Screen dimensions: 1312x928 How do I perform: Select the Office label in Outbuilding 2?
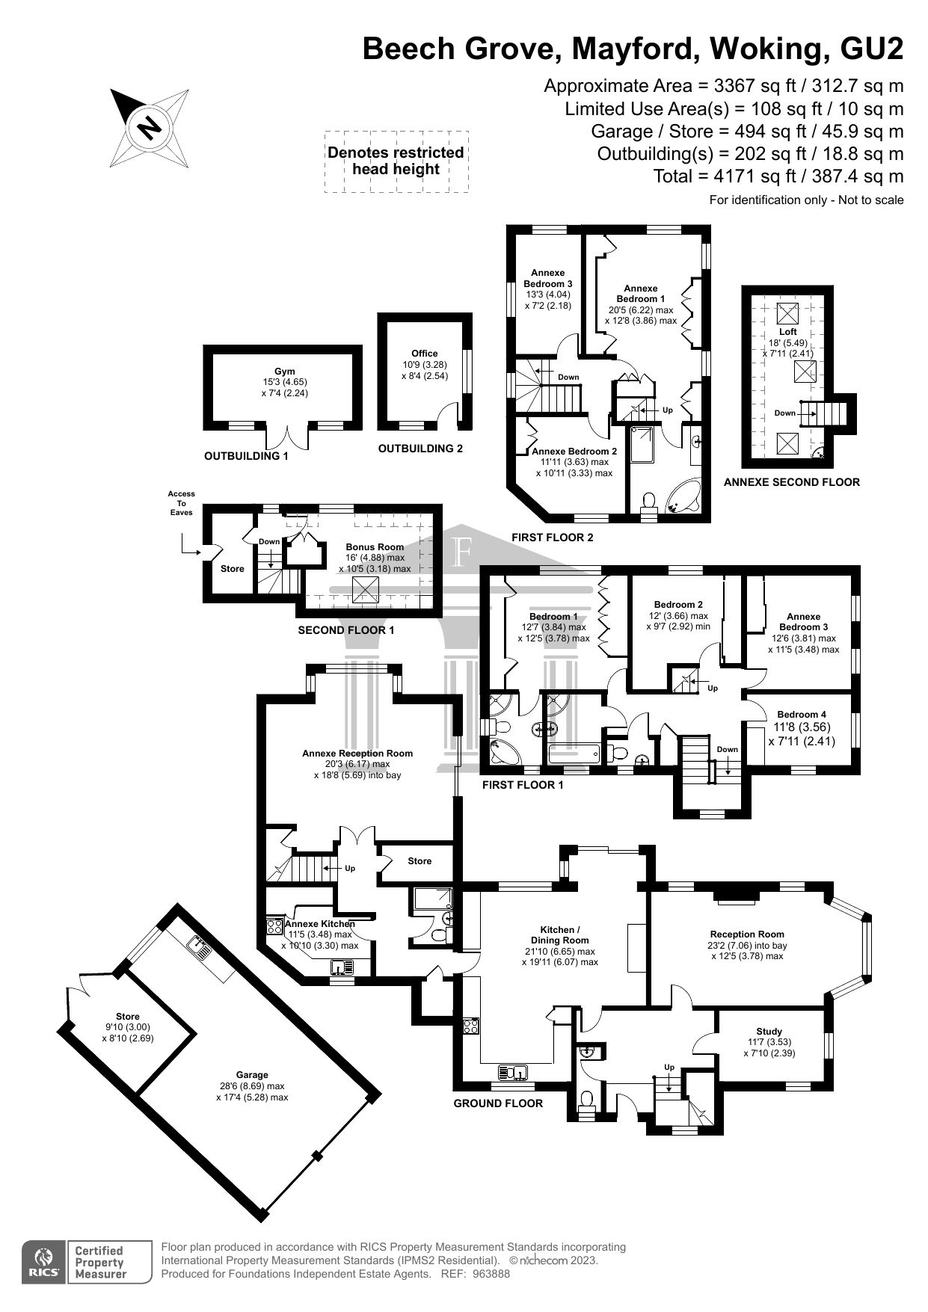point(425,354)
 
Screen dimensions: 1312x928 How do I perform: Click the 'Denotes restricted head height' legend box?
point(396,161)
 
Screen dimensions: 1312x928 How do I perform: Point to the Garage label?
point(252,1075)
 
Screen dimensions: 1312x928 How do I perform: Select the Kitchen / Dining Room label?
point(559,934)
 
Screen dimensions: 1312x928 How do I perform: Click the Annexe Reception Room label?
point(357,753)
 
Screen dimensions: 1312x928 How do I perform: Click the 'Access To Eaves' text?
point(181,503)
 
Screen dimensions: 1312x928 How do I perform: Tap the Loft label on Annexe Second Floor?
point(788,331)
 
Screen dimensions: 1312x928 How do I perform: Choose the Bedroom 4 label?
point(802,714)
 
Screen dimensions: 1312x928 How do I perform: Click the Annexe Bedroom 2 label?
point(574,452)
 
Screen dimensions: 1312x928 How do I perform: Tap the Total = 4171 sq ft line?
point(778,176)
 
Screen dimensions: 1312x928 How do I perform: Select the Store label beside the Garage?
point(128,1016)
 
